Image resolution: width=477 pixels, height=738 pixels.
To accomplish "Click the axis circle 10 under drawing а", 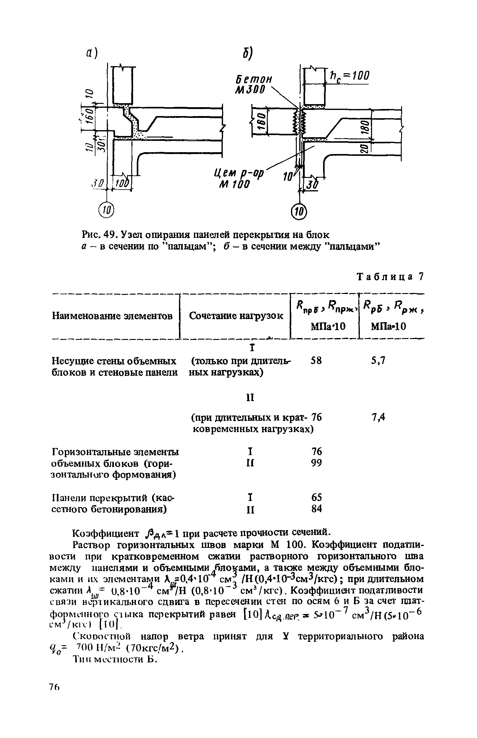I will (x=106, y=211).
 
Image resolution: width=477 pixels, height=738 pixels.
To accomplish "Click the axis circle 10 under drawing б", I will (x=299, y=212).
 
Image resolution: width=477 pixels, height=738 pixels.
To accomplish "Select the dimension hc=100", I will (x=349, y=76).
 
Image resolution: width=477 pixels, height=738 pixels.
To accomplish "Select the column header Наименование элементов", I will (x=112, y=316).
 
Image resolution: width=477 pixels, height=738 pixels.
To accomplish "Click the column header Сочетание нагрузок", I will (x=236, y=316).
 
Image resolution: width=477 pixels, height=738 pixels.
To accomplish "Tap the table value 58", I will (x=317, y=360).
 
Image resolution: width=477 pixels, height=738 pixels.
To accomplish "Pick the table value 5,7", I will (x=378, y=360).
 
